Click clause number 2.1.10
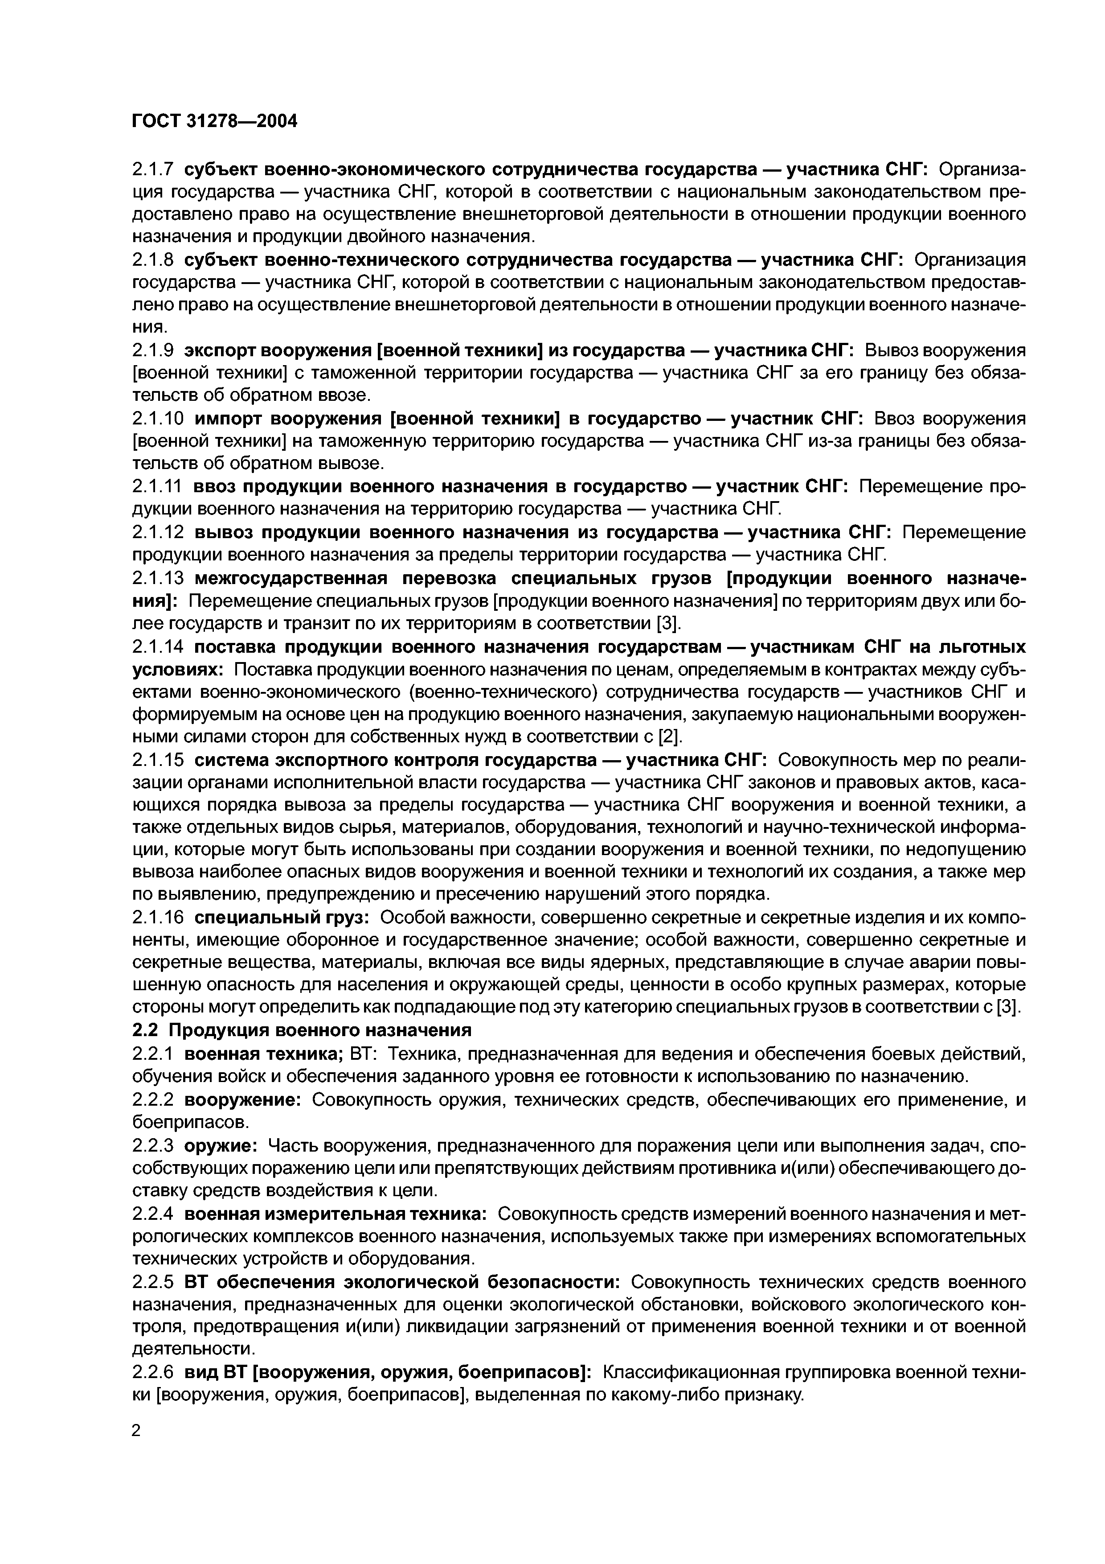(x=158, y=418)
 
